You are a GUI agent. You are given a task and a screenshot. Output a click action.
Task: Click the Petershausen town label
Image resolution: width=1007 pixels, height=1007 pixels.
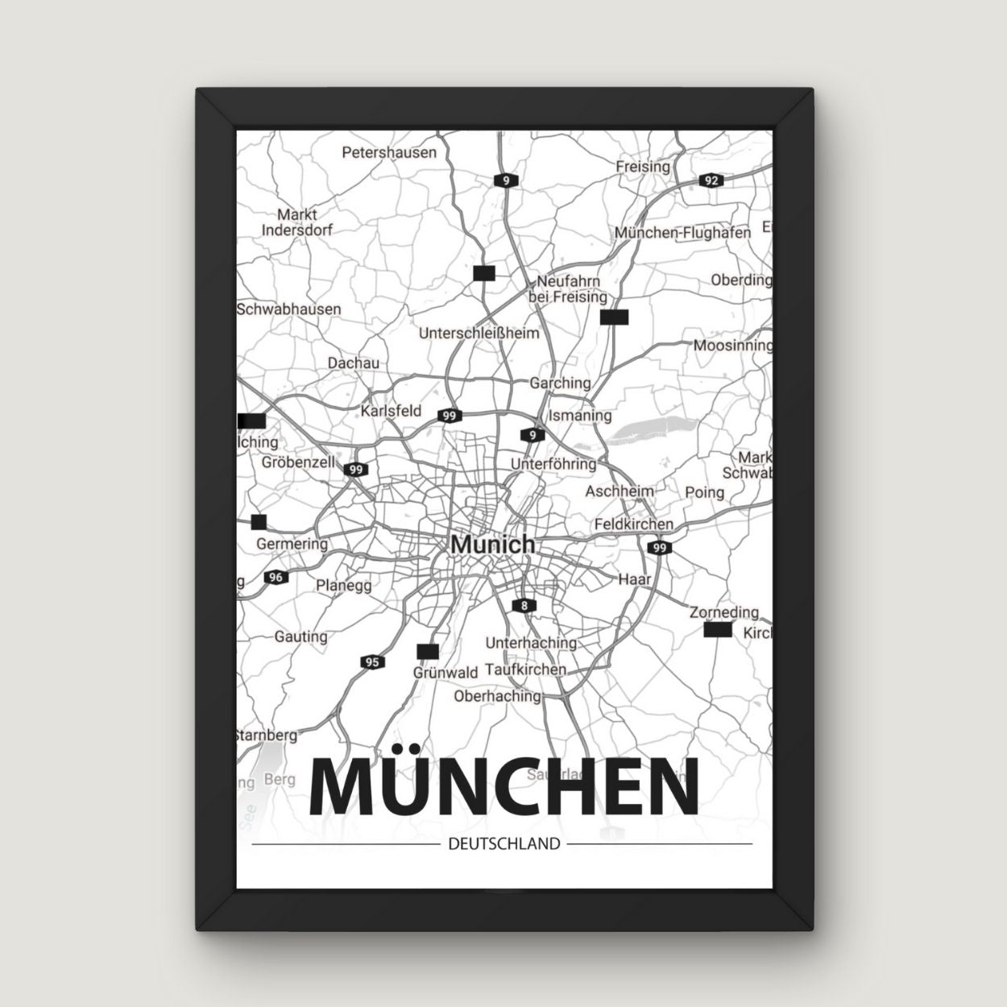click(x=389, y=151)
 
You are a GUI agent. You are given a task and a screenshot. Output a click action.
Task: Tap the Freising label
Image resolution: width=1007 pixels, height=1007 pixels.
click(x=643, y=166)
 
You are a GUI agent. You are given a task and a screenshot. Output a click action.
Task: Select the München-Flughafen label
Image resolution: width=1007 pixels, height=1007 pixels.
click(x=682, y=232)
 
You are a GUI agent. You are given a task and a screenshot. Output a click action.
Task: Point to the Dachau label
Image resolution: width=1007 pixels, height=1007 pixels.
click(x=353, y=363)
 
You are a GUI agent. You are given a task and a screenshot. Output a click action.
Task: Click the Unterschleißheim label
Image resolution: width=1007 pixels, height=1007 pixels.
click(x=479, y=333)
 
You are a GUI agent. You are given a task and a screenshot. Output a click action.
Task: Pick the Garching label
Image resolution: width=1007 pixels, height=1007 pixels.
click(x=560, y=383)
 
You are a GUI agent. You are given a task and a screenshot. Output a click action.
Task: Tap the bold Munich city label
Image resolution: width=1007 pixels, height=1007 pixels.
click(x=492, y=544)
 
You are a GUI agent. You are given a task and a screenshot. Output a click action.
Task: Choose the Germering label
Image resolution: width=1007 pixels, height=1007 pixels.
click(x=292, y=544)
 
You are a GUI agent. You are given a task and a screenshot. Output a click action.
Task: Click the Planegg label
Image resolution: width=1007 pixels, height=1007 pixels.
click(x=344, y=585)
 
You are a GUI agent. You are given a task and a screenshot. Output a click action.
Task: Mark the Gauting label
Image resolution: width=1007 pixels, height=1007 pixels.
click(x=300, y=636)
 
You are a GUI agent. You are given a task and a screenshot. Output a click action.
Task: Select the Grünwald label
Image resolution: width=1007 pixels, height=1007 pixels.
click(x=445, y=671)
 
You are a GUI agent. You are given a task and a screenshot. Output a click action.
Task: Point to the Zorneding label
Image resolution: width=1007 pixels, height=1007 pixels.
click(x=724, y=612)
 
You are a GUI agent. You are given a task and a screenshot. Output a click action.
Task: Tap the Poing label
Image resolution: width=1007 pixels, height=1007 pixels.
click(x=704, y=491)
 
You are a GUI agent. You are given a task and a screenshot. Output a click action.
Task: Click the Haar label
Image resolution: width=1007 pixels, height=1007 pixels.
click(x=634, y=578)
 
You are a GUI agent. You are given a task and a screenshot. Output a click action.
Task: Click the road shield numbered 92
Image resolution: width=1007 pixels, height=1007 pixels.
click(x=710, y=180)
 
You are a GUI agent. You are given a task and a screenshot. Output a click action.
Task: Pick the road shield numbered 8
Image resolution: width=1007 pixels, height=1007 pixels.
click(x=524, y=605)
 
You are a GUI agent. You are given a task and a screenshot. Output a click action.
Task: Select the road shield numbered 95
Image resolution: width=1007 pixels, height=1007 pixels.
click(x=371, y=662)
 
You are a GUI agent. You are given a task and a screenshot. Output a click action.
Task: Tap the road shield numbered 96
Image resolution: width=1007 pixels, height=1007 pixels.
click(x=276, y=577)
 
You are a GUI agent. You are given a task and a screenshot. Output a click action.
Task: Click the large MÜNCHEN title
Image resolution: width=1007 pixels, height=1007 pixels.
click(x=503, y=786)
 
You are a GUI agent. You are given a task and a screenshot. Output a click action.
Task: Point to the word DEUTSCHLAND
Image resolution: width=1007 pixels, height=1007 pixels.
click(x=502, y=844)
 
